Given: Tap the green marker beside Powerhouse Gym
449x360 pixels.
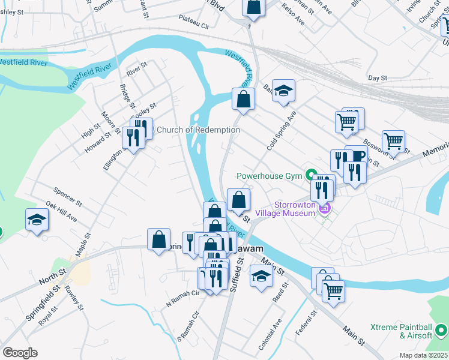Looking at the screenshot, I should pos(311,176).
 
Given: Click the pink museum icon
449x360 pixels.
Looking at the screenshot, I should pos(325,209).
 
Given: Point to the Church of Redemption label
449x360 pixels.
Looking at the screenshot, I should pos(198,130).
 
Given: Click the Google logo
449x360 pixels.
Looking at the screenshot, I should pos(20,353).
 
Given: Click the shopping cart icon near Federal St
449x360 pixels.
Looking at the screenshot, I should pos(333,291).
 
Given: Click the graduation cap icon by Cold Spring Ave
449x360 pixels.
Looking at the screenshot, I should pos(284,91).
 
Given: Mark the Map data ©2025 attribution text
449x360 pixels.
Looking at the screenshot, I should pos(423,355).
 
